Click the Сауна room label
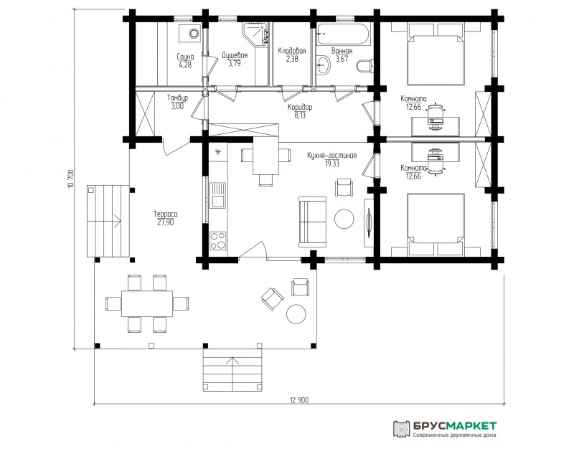[185, 57]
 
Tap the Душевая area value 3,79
[235, 64]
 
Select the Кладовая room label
[292, 51]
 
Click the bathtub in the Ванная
[344, 34]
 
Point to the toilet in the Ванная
[365, 66]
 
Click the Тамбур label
[177, 98]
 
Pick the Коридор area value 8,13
[300, 115]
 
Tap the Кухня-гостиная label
[331, 156]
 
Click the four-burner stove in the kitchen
[218, 241]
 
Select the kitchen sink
[218, 195]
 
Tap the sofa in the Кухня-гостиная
[312, 222]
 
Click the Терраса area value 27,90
[166, 222]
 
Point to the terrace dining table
[147, 303]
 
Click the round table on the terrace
[296, 314]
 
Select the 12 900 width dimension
[299, 400]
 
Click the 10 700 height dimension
[70, 179]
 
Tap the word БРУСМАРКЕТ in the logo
[455, 426]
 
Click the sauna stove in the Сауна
[190, 33]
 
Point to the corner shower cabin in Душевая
[255, 34]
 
